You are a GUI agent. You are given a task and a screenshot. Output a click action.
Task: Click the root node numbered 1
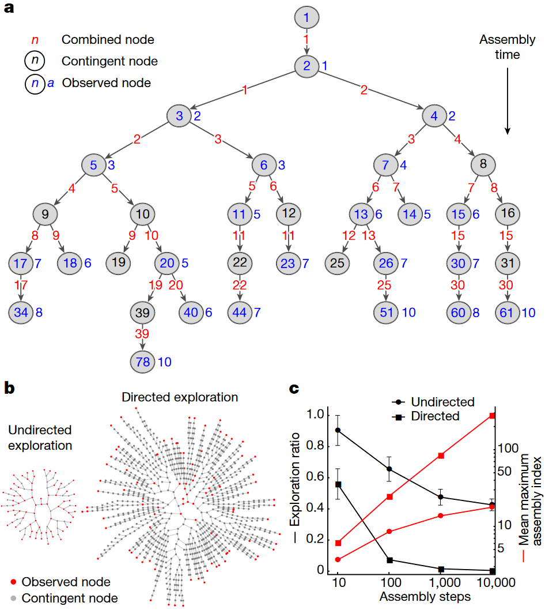pos(306,17)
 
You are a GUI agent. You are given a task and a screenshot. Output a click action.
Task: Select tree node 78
pos(143,362)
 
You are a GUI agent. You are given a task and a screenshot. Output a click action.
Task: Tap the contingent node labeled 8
pos(483,164)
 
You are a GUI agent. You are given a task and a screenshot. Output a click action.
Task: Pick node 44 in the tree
pos(240,312)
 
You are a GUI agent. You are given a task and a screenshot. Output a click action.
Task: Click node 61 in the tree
pos(508,312)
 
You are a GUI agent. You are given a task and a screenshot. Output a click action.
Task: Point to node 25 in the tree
pos(337,263)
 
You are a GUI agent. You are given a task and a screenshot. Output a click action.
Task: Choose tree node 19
pos(118,262)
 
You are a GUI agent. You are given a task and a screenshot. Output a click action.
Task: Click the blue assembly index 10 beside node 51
pos(408,312)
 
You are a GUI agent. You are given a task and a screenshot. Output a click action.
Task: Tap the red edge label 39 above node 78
pos(142,333)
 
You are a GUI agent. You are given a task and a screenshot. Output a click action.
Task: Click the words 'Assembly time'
pos(508,47)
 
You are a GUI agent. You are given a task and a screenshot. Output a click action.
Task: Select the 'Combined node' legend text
pos(108,39)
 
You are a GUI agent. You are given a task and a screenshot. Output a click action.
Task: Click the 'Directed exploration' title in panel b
pos(180,397)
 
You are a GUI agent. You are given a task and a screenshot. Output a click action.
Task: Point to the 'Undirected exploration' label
pos(40,438)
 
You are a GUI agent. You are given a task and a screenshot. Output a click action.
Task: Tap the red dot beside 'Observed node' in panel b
pos(13,582)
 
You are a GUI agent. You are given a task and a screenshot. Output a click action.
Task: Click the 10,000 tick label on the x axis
pos(495,582)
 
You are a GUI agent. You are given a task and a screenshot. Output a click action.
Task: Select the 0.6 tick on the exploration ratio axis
pos(315,477)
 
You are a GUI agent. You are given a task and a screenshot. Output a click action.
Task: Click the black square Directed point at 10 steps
pos(338,484)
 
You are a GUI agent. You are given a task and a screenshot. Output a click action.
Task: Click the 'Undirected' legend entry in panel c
pos(433,402)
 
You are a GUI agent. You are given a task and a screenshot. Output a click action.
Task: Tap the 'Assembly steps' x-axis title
pos(425,596)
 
